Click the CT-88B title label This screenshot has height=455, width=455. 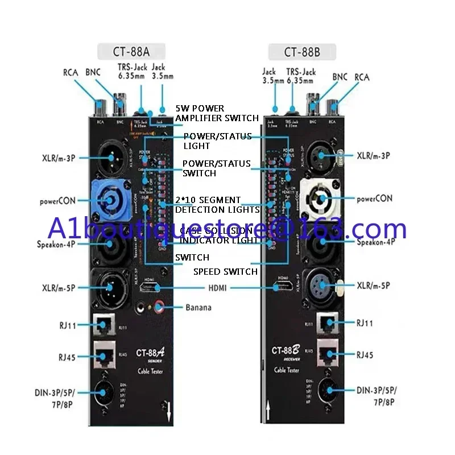303,52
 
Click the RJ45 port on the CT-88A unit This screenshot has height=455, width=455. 106,354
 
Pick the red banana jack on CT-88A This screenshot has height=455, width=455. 157,308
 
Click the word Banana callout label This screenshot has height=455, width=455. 198,308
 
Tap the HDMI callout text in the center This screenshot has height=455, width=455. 217,288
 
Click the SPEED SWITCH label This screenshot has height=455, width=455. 225,272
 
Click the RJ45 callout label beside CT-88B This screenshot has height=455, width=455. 365,355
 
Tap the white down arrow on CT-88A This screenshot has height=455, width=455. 168,411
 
